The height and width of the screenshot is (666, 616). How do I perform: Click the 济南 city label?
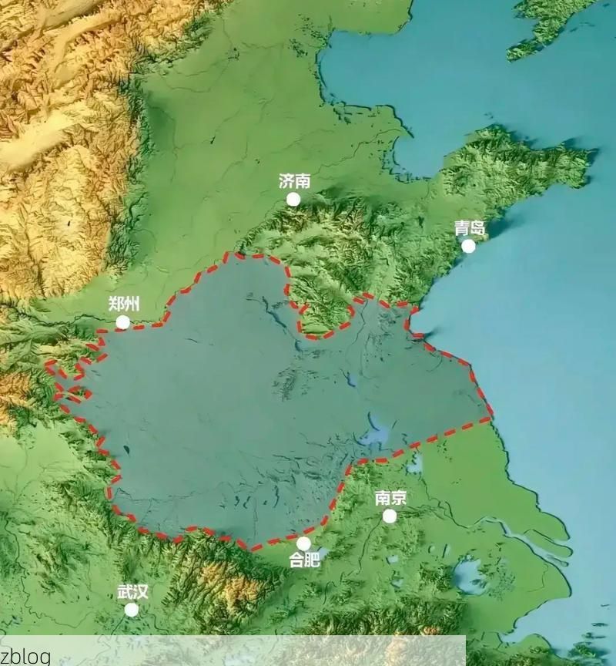[x=294, y=181]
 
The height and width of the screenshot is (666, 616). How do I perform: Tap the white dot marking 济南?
[x=293, y=200]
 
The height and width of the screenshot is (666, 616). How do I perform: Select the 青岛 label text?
[x=469, y=227]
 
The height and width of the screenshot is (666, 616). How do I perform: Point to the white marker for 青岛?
[x=468, y=246]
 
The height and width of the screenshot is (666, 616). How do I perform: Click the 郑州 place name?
[x=124, y=303]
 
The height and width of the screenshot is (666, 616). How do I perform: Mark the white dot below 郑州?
[x=122, y=322]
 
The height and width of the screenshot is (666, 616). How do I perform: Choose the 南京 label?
[x=390, y=497]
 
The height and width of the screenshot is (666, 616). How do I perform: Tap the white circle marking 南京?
[x=390, y=516]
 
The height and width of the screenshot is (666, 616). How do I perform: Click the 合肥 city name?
[x=304, y=560]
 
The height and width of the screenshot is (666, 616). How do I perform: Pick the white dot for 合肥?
[x=303, y=543]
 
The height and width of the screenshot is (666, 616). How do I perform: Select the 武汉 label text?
[x=132, y=592]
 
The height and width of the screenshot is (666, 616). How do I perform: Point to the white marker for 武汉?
[x=132, y=610]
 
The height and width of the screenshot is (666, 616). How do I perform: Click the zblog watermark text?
[x=25, y=656]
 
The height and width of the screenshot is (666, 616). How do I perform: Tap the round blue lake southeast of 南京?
[x=469, y=574]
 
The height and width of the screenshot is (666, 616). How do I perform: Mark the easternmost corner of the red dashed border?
[x=490, y=419]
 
